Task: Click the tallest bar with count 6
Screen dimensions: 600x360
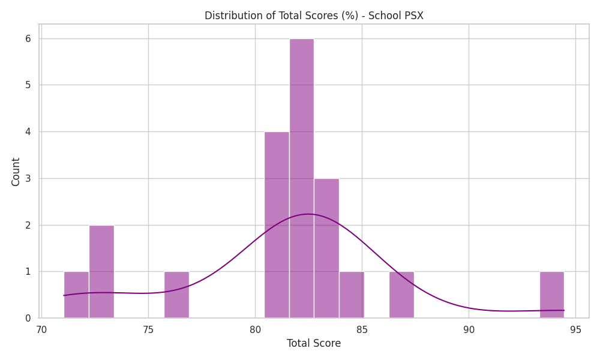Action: (x=302, y=178)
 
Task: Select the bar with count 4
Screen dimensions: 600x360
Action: (x=277, y=225)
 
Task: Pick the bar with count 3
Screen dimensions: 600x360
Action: (x=326, y=248)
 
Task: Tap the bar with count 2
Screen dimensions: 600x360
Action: (x=101, y=272)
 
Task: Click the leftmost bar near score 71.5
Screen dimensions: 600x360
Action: (x=76, y=295)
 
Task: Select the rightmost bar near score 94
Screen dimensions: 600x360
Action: (x=552, y=295)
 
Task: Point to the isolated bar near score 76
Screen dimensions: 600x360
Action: (x=176, y=295)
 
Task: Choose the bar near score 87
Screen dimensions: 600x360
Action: (x=401, y=295)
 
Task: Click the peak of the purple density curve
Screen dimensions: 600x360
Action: (x=308, y=214)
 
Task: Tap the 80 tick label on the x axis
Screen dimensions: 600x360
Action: (x=255, y=330)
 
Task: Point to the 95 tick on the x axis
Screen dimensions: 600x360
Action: (x=575, y=330)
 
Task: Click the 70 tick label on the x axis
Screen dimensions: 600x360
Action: (x=41, y=330)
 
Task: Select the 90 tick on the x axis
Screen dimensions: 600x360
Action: (x=469, y=330)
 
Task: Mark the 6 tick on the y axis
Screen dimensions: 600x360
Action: (x=28, y=38)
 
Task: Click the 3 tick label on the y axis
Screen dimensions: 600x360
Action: (x=28, y=179)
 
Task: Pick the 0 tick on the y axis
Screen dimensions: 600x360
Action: (x=28, y=318)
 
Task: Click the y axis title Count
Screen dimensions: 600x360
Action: (x=16, y=172)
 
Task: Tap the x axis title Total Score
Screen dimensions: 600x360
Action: (x=314, y=343)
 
